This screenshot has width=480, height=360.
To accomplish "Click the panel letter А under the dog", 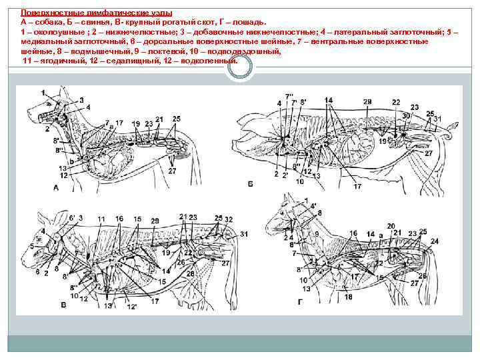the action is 55,189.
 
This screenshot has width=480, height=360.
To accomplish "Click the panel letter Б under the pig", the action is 249,183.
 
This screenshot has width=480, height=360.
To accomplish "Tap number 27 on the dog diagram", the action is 172,171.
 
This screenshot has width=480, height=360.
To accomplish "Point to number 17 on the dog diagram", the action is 119,123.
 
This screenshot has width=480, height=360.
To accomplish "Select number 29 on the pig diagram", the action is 367,101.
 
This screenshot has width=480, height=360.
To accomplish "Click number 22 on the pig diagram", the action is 396,101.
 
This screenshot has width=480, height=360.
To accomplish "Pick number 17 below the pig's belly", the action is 357,185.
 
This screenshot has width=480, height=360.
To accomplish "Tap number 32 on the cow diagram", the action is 229,219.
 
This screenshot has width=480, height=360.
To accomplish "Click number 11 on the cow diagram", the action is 101,219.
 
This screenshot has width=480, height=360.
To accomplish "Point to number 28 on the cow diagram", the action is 190,274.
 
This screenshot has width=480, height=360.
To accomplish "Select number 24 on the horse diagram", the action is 435,241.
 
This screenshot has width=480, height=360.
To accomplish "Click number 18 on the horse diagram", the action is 348,297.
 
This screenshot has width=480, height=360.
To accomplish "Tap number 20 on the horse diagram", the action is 391,226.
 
